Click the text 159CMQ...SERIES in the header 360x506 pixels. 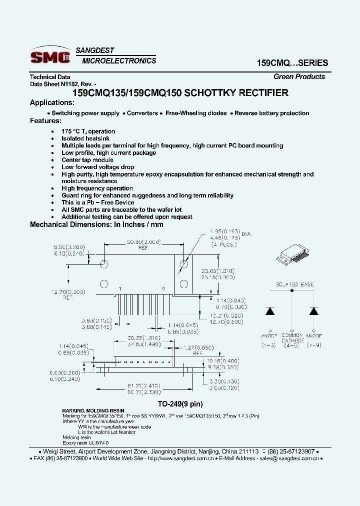click(292, 63)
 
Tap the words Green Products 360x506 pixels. click(299, 76)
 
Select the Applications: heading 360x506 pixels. click(52, 102)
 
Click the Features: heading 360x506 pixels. click(45, 120)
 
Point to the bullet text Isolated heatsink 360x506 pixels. click(85, 138)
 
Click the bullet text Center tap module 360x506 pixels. click(87, 160)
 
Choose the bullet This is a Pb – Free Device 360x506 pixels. click(97, 202)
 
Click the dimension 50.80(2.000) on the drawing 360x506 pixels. click(143, 242)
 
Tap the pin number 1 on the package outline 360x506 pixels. click(119, 289)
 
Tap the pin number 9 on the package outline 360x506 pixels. click(163, 289)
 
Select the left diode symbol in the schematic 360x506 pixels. click(270, 311)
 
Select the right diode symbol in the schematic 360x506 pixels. click(313, 311)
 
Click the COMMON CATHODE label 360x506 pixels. click(292, 339)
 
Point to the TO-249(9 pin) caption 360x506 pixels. click(180, 403)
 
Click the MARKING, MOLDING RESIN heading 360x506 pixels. click(93, 410)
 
